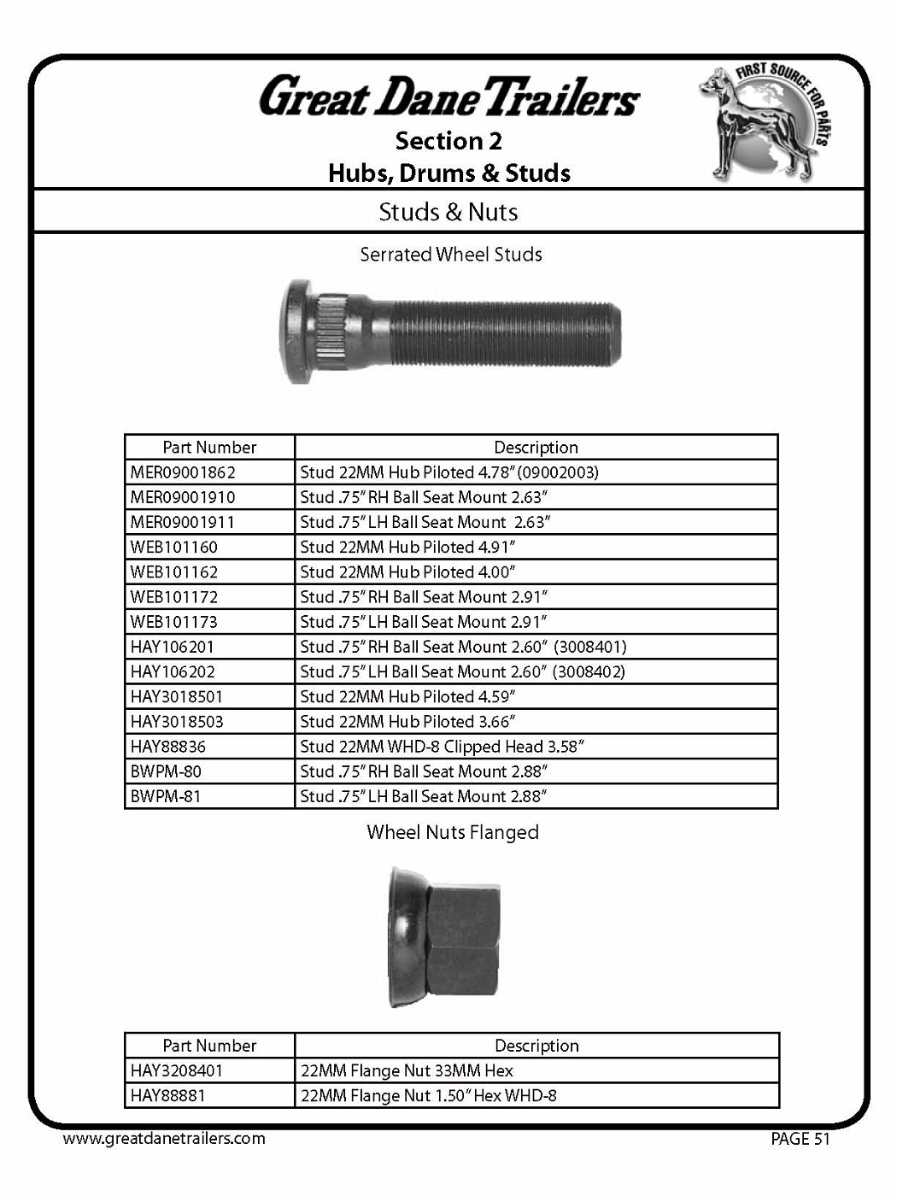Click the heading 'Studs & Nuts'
(448, 212)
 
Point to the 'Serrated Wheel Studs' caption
(451, 255)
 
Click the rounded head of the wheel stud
(298, 331)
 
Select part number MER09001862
(183, 472)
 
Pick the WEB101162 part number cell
(174, 572)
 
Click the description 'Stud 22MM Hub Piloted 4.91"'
(407, 548)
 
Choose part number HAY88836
(168, 747)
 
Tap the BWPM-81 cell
(166, 796)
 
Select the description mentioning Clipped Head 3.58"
(442, 747)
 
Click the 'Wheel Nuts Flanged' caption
(453, 832)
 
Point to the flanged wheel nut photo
(443, 937)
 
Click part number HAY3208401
(177, 1070)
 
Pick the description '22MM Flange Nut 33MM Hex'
(407, 1070)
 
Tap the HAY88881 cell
(168, 1095)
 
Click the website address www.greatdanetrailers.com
(164, 1139)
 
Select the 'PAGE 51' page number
(800, 1139)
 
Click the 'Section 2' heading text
(448, 141)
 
